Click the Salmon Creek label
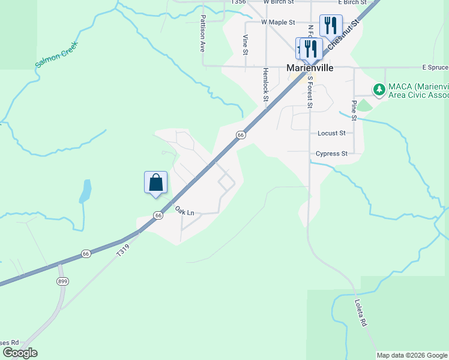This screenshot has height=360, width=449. coord(58,54)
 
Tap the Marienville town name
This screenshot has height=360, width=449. coord(309,68)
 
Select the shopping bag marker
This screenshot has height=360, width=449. coord(155,182)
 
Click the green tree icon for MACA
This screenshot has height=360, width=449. coord(379,90)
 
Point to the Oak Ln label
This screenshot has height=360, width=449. coord(184,211)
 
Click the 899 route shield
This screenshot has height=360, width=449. coord(62,281)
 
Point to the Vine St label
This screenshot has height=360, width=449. coord(246,45)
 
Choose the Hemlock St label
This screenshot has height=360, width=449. coord(265,83)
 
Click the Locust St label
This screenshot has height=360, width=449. coord(331,133)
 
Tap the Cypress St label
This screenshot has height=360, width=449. coord(331,154)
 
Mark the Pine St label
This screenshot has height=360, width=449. coord(355,110)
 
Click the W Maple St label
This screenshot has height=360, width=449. coord(278,22)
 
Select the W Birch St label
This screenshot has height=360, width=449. coord(277,2)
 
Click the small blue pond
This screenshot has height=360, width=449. coord(86,191)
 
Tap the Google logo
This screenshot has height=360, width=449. coord(20,353)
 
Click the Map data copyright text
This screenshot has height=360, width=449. coord(412,355)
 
